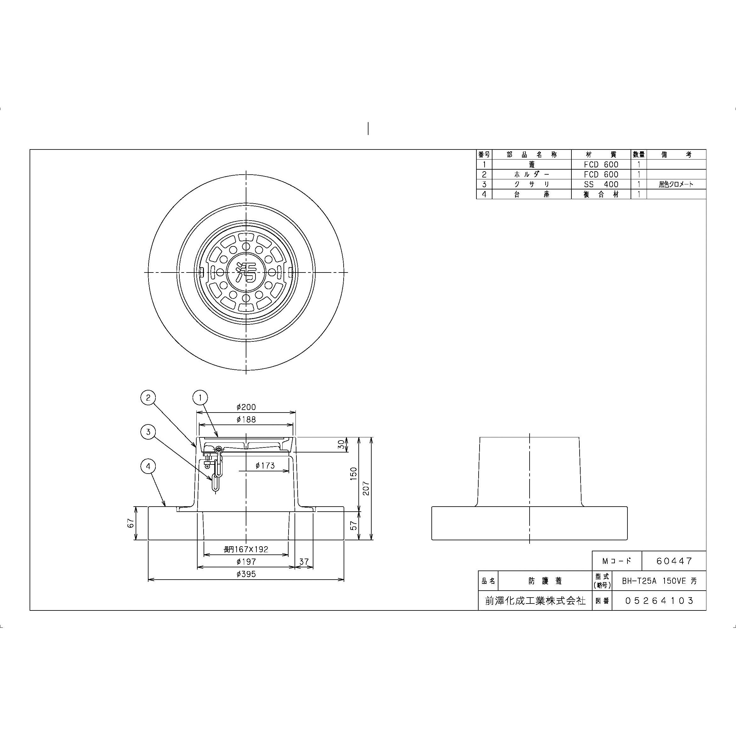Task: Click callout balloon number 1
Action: (200, 398)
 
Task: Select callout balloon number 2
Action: (148, 398)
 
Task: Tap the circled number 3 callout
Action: (148, 432)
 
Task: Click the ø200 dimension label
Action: (246, 407)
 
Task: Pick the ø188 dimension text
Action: (246, 419)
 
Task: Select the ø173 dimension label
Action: (265, 465)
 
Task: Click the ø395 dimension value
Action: (246, 574)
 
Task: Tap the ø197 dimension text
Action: (246, 562)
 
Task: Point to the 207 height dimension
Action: (366, 488)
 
